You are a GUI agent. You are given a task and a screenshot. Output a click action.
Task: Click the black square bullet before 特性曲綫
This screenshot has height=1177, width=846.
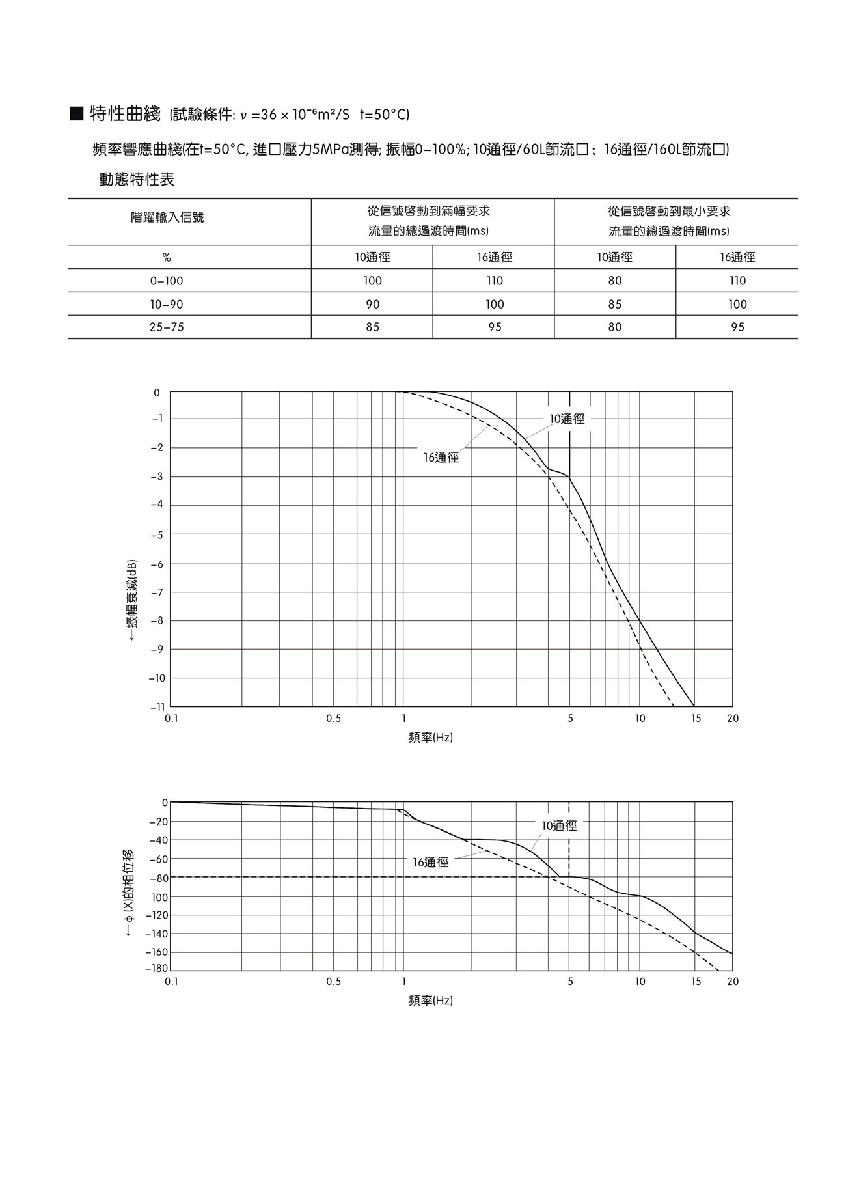click(76, 115)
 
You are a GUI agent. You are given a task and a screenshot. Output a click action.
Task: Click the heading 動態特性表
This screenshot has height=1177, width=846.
click(137, 179)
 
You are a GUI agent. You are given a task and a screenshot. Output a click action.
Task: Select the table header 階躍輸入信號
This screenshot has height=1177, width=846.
click(167, 217)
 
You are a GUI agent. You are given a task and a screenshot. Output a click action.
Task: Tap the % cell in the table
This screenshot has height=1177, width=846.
click(167, 258)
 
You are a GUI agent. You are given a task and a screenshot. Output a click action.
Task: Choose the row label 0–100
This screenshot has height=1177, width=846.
click(167, 281)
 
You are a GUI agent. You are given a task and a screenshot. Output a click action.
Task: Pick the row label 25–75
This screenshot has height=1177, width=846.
click(167, 327)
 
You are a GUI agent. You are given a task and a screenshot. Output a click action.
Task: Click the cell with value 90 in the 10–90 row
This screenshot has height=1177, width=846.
click(372, 305)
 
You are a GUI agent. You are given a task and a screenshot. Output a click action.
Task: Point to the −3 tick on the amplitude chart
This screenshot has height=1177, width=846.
click(157, 477)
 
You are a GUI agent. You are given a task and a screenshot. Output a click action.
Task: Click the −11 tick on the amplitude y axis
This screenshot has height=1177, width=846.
click(157, 707)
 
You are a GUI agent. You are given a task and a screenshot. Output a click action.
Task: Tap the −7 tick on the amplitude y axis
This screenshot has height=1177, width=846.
click(157, 592)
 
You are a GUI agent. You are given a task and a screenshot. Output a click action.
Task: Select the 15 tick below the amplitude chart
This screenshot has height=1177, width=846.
click(696, 719)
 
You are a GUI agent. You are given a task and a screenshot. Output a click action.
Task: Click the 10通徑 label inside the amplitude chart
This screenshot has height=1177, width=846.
click(567, 419)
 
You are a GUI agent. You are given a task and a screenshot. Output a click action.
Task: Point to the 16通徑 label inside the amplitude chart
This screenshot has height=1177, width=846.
click(441, 458)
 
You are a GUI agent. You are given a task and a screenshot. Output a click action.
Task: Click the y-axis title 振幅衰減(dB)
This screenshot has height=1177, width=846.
click(132, 599)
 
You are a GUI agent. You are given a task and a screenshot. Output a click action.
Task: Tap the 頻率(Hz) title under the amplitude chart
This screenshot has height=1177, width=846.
click(430, 738)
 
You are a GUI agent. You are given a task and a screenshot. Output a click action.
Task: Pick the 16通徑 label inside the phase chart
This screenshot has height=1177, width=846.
click(430, 863)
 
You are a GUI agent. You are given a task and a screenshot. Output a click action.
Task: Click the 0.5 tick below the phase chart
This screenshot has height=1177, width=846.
click(333, 982)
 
